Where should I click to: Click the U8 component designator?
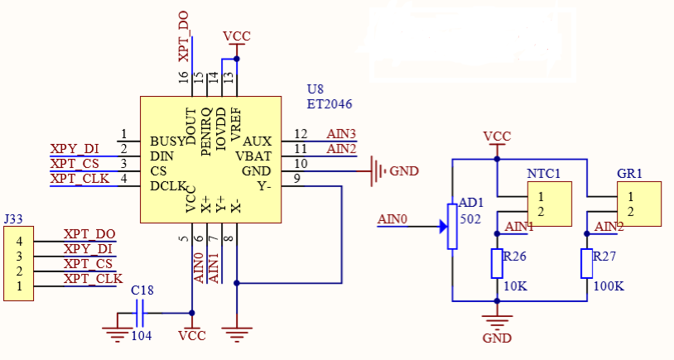[315, 89]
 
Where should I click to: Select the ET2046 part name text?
[330, 105]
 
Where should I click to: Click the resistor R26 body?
[497, 263]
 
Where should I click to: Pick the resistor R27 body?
[586, 263]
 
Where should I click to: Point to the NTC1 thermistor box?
[550, 204]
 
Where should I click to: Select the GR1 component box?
[639, 204]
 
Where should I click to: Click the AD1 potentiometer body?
[452, 226]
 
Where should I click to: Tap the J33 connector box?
[18, 263]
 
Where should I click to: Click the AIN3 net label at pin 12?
[341, 133]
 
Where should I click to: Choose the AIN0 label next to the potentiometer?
[392, 219]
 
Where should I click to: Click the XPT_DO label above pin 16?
[184, 36]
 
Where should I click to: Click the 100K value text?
[609, 286]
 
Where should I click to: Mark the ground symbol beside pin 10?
[378, 171]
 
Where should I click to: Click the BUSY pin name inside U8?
[167, 141]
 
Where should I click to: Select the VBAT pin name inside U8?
[253, 156]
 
